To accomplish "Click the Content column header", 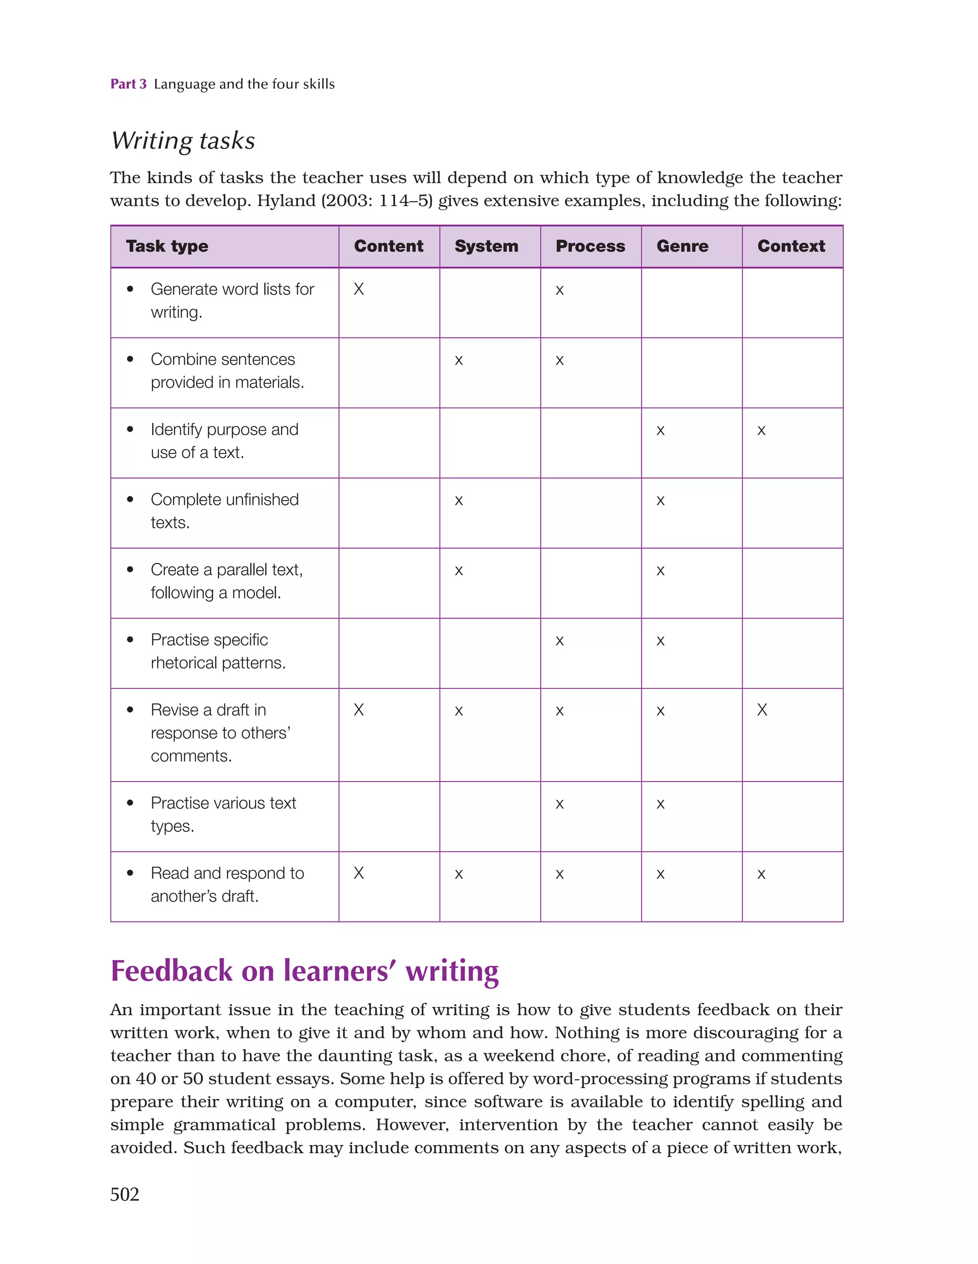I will point(388,246).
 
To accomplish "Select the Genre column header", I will point(682,246).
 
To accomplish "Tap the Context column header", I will point(791,246).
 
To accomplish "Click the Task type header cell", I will point(167,246).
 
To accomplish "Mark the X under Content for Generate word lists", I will point(359,289).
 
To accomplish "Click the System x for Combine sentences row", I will point(459,360).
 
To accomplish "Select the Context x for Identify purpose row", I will point(762,430).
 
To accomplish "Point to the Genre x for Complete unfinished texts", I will point(660,500).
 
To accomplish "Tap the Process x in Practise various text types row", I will point(560,803).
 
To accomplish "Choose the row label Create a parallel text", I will point(227,581).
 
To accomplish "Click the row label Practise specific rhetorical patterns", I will point(218,651).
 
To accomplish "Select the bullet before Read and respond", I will point(130,872).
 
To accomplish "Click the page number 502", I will point(125,1194).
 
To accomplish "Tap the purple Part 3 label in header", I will point(128,84).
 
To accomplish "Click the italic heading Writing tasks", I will point(183,140).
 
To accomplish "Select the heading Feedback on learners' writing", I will point(304,971).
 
